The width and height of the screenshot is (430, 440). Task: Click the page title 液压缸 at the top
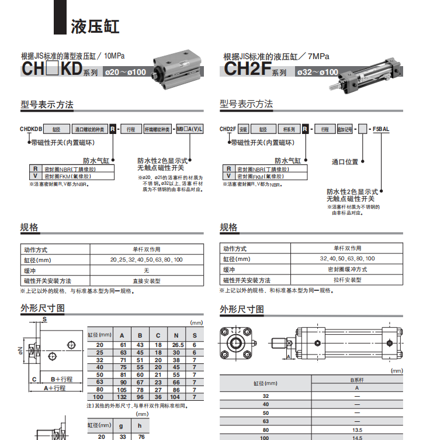click(95, 26)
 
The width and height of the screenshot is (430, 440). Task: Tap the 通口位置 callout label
click(345, 161)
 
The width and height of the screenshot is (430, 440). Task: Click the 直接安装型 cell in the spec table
click(147, 281)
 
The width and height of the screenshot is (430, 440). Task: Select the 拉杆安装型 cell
click(347, 280)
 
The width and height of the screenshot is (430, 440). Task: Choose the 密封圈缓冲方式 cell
click(347, 270)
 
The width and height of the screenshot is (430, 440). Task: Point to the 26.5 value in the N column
click(176, 345)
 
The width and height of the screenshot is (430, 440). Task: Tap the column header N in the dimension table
click(176, 335)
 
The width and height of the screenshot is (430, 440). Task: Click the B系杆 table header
click(357, 379)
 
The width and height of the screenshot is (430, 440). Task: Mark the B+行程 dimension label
click(61, 379)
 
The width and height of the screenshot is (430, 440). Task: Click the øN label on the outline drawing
click(20, 350)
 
